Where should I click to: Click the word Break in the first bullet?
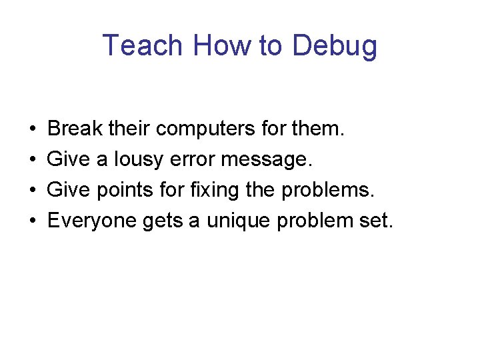coord(73,127)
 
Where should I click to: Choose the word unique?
coord(237,221)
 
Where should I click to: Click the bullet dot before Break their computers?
coord(33,129)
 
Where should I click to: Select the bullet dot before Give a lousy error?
coord(33,159)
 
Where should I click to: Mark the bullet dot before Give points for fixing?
coord(33,191)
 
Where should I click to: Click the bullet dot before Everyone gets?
coord(33,221)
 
